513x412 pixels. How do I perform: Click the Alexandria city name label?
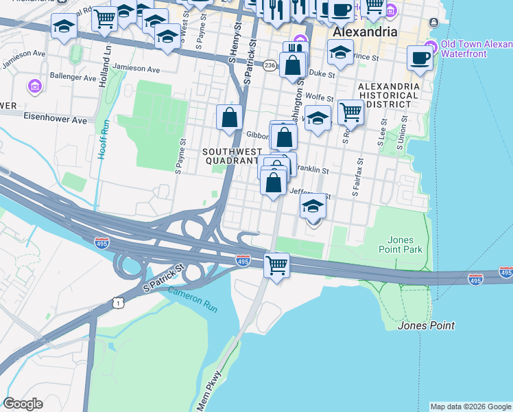point(364,32)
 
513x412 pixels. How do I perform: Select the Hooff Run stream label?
point(104,140)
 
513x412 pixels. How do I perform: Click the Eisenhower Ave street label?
point(56,119)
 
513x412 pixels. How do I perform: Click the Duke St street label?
point(322,73)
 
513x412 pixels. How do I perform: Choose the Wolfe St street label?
point(320,98)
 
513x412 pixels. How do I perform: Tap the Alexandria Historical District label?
point(389,95)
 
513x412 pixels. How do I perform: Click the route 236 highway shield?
point(270,65)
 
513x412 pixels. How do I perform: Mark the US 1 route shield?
point(119,302)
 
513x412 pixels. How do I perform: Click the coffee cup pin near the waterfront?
point(420,58)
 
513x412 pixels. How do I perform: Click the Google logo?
point(23,404)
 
